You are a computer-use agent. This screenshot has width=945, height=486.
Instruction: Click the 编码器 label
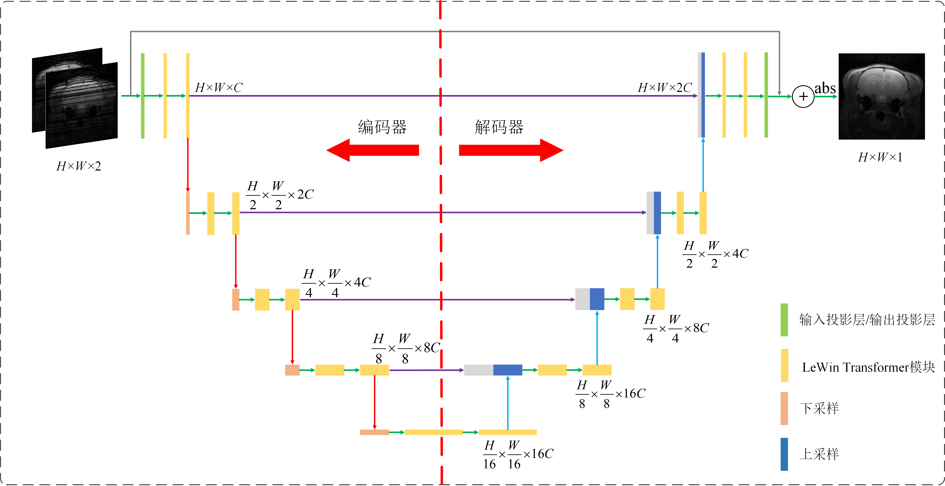coord(382,127)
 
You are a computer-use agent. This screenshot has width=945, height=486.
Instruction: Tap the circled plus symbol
coord(803,96)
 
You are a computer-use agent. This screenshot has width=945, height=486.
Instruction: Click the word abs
coord(825,88)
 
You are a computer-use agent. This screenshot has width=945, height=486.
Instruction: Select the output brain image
coord(882,96)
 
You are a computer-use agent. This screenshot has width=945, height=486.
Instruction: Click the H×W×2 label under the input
coord(78,166)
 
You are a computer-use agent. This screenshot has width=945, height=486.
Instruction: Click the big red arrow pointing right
coord(511,150)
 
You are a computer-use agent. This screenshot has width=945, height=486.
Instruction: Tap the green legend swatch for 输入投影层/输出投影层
coord(784,320)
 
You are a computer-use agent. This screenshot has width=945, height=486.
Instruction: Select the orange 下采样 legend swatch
coord(784,409)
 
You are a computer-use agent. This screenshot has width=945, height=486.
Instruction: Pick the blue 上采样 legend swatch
coord(784,454)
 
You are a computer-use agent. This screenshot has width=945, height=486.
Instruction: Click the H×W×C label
coord(219,88)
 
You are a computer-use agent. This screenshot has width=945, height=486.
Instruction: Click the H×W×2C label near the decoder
coord(665,88)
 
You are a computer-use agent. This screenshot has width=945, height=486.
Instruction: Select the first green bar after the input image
coord(143,96)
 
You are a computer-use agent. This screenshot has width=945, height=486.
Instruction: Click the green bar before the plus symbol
coord(766,95)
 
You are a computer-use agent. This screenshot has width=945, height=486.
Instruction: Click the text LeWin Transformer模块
coord(868,367)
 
